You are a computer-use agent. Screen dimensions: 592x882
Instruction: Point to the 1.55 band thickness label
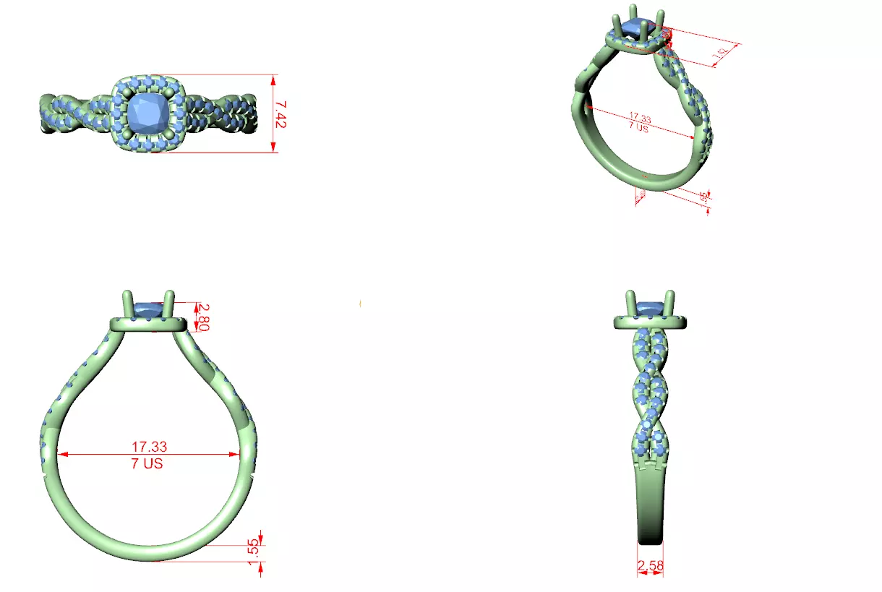(253, 548)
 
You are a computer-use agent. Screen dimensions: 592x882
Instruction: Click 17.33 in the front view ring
(149, 447)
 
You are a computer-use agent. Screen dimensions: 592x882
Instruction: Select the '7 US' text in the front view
(147, 464)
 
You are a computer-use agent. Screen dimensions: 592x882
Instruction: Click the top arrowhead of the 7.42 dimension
(274, 77)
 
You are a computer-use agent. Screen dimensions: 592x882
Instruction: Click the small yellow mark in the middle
(360, 303)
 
